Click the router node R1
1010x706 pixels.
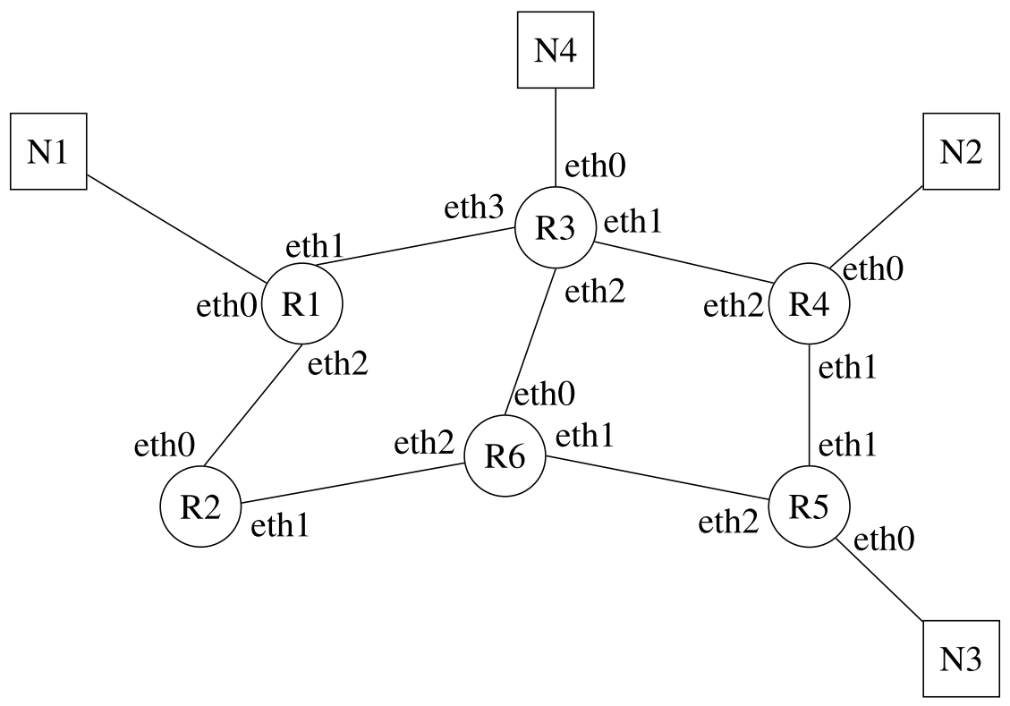pos(301,306)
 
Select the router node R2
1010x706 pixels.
pos(199,507)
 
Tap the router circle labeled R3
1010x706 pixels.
pos(554,228)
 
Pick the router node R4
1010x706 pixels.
pos(809,306)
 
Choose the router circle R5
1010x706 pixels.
pos(809,507)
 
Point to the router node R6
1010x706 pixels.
pos(504,456)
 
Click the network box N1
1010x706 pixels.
pos(48,151)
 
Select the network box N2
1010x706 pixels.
pos(961,151)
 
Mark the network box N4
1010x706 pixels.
pos(556,50)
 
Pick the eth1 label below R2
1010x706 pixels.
pos(281,528)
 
